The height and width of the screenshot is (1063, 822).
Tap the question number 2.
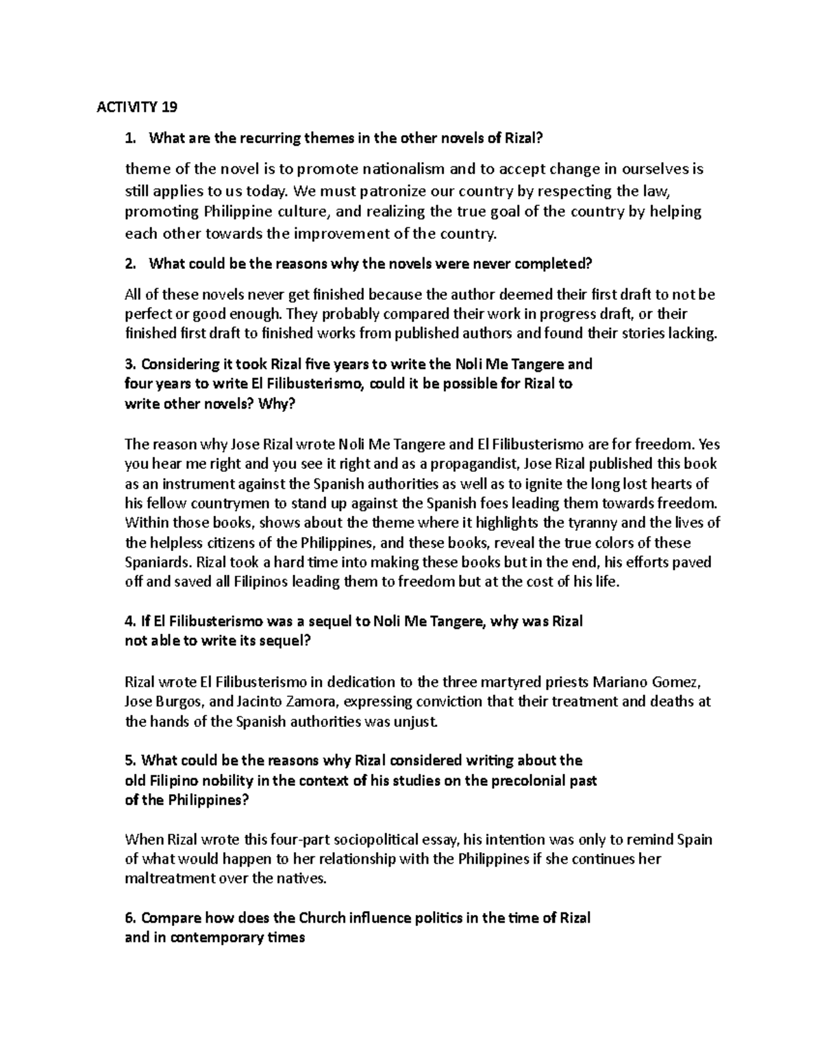[129, 264]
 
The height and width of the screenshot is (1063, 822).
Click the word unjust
[414, 721]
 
